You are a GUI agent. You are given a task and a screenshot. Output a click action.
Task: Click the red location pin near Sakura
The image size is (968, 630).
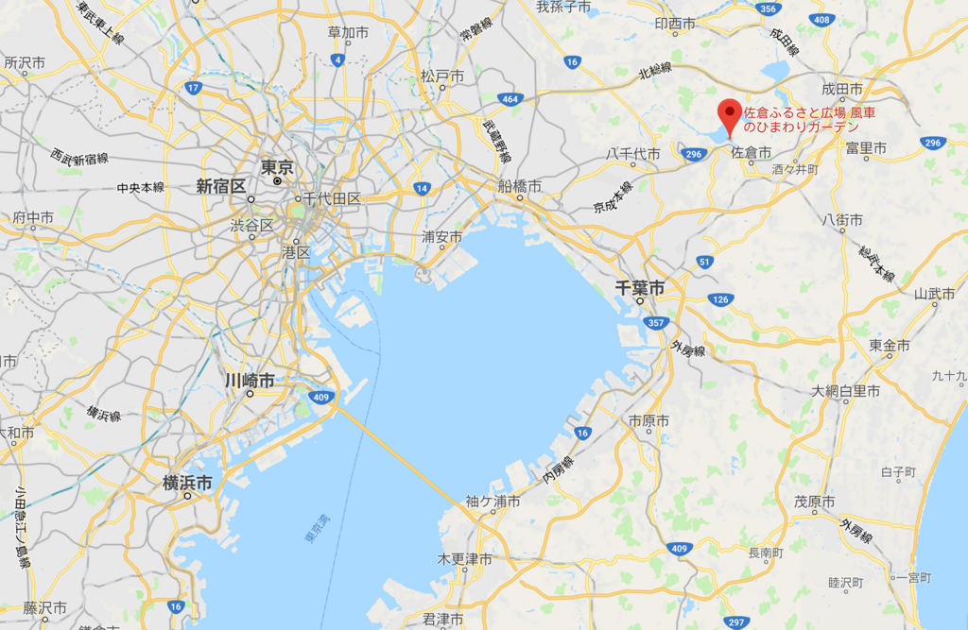(x=729, y=115)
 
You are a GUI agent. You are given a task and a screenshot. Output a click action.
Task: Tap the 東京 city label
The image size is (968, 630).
(x=277, y=166)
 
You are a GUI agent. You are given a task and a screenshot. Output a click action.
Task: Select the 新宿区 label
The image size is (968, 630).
(x=220, y=186)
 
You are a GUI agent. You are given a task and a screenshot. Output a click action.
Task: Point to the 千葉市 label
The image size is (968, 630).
(x=641, y=286)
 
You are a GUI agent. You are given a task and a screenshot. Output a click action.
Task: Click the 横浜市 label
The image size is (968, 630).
(x=187, y=483)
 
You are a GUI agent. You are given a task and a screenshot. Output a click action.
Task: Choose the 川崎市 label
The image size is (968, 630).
(x=250, y=380)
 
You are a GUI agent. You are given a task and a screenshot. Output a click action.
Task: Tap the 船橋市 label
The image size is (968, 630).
(x=519, y=186)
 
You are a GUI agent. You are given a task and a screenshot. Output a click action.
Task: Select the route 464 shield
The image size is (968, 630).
(x=510, y=98)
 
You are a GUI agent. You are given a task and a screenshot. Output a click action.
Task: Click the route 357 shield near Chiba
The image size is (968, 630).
(x=654, y=323)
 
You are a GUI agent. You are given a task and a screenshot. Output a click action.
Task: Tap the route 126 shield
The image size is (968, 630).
(x=720, y=299)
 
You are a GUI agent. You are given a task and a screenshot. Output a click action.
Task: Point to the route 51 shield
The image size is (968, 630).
(x=704, y=262)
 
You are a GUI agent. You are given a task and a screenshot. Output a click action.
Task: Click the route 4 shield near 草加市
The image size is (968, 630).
(x=337, y=60)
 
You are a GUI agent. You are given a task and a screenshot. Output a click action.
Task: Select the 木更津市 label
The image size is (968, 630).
(x=464, y=559)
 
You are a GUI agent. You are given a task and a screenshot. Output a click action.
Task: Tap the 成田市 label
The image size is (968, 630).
(x=842, y=89)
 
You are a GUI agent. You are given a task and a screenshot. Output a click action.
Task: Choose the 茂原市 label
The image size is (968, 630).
(x=814, y=502)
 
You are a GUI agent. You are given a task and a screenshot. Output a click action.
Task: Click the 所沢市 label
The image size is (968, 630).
(x=25, y=62)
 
